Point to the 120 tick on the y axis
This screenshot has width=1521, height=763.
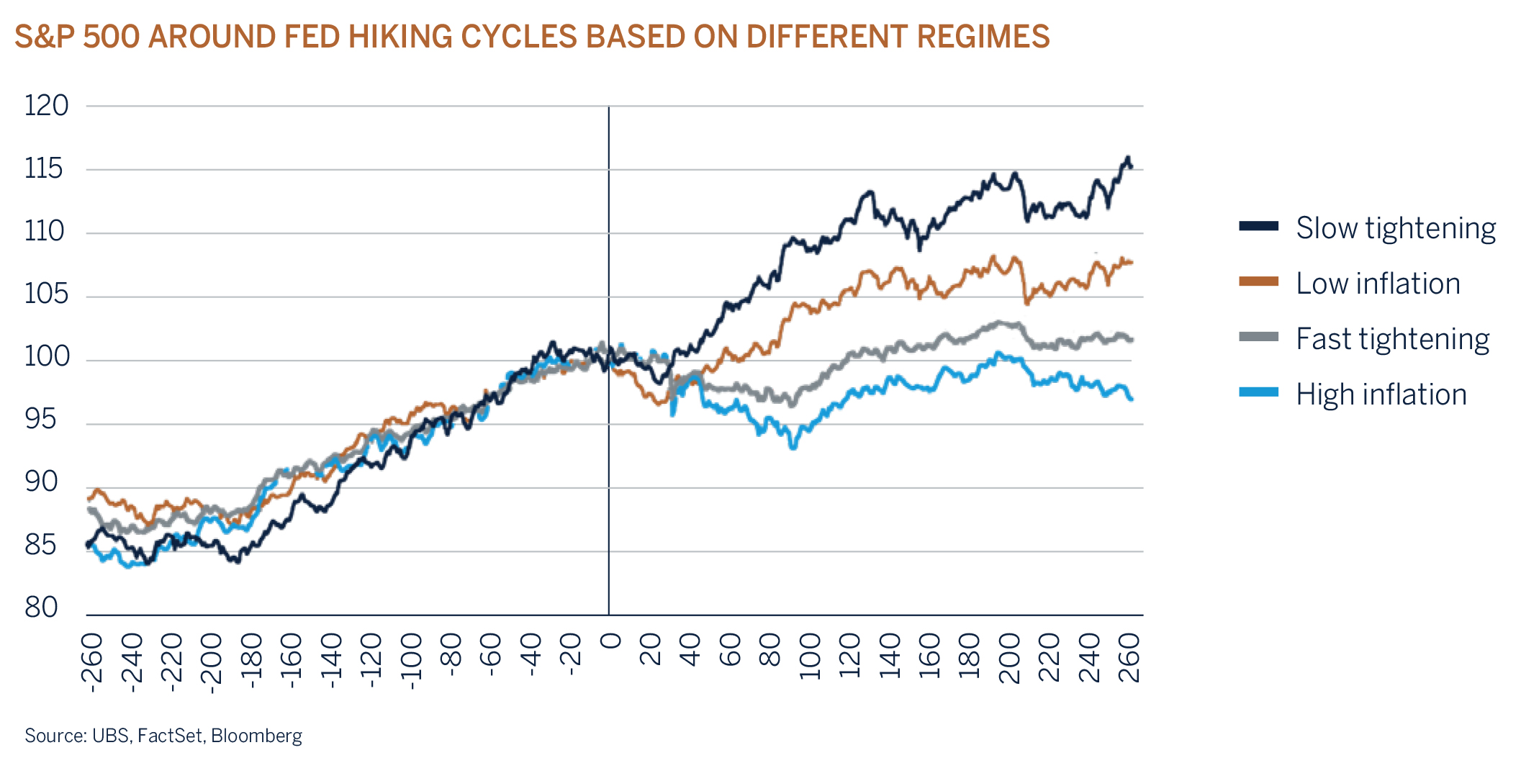(x=46, y=106)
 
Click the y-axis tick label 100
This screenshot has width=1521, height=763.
(x=46, y=356)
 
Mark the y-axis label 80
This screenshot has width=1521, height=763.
(x=41, y=608)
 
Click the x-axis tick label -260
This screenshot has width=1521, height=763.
(x=92, y=663)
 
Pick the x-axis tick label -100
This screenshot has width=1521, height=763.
(x=411, y=662)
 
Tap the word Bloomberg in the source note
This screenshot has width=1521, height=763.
(x=256, y=736)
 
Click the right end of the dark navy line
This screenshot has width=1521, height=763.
(x=1131, y=167)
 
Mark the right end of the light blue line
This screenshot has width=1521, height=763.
(x=1132, y=399)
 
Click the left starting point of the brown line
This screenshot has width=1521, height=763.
(x=89, y=498)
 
